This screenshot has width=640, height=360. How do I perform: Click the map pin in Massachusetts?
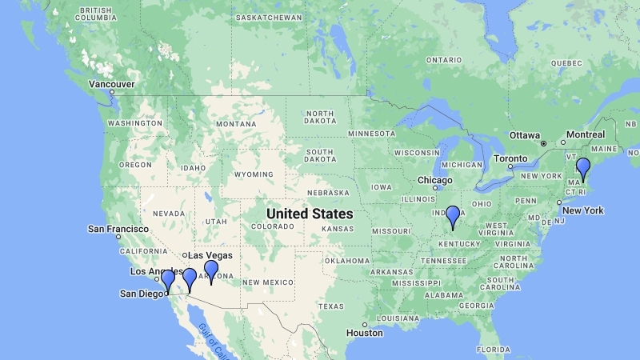click(583, 169)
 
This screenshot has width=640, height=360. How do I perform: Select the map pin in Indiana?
click(453, 217)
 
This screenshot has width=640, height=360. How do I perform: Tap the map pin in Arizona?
click(211, 271)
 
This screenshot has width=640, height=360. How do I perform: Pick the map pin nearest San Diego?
click(168, 281)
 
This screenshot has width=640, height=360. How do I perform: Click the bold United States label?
click(309, 214)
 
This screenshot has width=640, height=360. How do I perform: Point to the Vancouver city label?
click(111, 84)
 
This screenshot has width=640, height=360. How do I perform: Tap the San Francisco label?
click(118, 229)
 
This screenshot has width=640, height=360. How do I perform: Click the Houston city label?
click(365, 333)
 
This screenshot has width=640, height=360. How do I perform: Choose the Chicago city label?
click(435, 180)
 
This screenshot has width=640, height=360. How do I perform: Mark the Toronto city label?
click(510, 158)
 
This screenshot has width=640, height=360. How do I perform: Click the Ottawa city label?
click(525, 134)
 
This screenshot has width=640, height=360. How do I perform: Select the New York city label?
click(582, 210)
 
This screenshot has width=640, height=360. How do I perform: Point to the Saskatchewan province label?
click(267, 17)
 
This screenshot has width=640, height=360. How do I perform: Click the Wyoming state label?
click(253, 174)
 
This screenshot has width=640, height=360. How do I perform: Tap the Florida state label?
click(493, 349)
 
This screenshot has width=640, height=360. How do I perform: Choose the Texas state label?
click(330, 306)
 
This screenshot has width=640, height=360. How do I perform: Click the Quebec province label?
click(566, 62)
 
